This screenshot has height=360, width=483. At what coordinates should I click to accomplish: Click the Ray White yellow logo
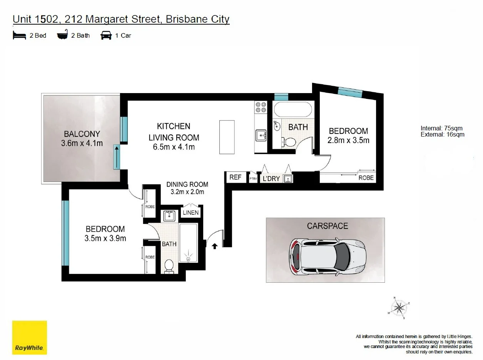point(30,337)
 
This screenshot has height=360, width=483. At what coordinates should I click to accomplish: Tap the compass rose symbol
point(399,308)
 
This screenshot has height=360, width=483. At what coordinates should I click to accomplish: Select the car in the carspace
point(328,257)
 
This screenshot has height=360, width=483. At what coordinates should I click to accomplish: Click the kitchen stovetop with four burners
point(261,107)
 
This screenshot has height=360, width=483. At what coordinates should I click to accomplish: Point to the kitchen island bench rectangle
point(227,137)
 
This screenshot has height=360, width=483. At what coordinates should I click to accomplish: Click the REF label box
point(235,177)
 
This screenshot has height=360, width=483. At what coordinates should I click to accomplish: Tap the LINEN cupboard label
point(191,212)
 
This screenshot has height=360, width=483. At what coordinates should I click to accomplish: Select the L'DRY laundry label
point(271,178)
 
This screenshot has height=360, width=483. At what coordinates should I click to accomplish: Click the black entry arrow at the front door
point(215,246)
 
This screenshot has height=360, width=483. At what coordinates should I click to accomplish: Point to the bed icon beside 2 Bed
point(19,35)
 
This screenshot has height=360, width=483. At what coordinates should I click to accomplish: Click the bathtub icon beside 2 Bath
point(62,35)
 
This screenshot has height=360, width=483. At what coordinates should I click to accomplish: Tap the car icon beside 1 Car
point(106,35)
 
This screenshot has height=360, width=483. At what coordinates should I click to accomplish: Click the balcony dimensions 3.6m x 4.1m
point(82,143)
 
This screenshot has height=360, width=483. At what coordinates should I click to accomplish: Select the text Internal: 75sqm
point(441,128)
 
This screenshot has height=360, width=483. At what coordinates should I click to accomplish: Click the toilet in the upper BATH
point(289,142)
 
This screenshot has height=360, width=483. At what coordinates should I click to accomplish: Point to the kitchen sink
point(261,135)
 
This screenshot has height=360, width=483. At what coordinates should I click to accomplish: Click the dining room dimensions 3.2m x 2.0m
point(187,192)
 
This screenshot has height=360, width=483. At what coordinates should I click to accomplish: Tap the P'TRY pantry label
point(253,179)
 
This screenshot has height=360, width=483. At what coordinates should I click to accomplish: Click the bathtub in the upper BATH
point(293,109)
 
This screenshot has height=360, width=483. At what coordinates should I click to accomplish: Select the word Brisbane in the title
point(187,19)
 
